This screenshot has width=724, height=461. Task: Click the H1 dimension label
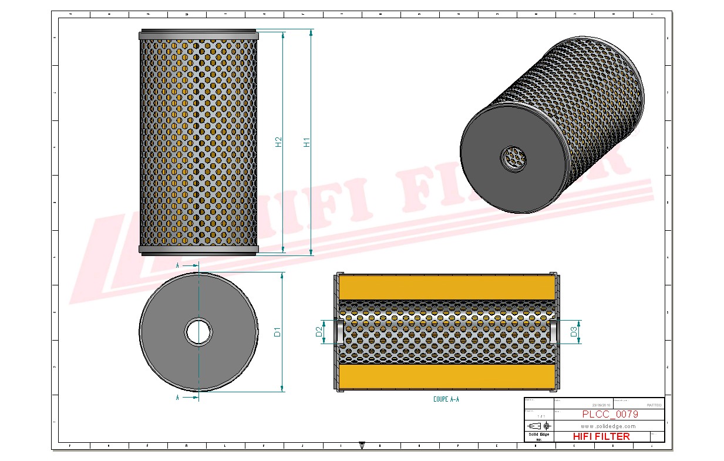tap(307, 142)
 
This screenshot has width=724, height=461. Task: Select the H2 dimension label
tap(279, 142)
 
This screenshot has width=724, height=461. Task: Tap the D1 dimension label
tap(278, 332)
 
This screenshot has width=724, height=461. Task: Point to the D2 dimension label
tap(319, 332)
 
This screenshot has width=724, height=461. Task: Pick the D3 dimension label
tap(574, 332)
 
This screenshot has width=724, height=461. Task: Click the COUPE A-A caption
tap(446, 399)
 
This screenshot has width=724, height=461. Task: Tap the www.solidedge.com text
tap(609, 426)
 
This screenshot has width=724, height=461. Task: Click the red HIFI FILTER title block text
tap(601, 436)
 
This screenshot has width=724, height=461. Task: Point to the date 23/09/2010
tap(601, 405)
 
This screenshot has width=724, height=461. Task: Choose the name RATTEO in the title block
tap(654, 405)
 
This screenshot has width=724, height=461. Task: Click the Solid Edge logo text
tap(538, 435)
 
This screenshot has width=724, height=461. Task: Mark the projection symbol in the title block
tap(538, 425)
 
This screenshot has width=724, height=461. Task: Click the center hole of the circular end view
tap(198, 332)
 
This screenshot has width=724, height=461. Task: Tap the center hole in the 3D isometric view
tap(514, 157)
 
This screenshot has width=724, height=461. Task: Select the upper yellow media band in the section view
tap(446, 287)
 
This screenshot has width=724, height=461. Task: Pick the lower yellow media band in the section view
tap(446, 376)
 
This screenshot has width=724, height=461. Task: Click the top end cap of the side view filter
tap(198, 35)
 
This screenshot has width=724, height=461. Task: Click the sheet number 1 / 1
tap(538, 416)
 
